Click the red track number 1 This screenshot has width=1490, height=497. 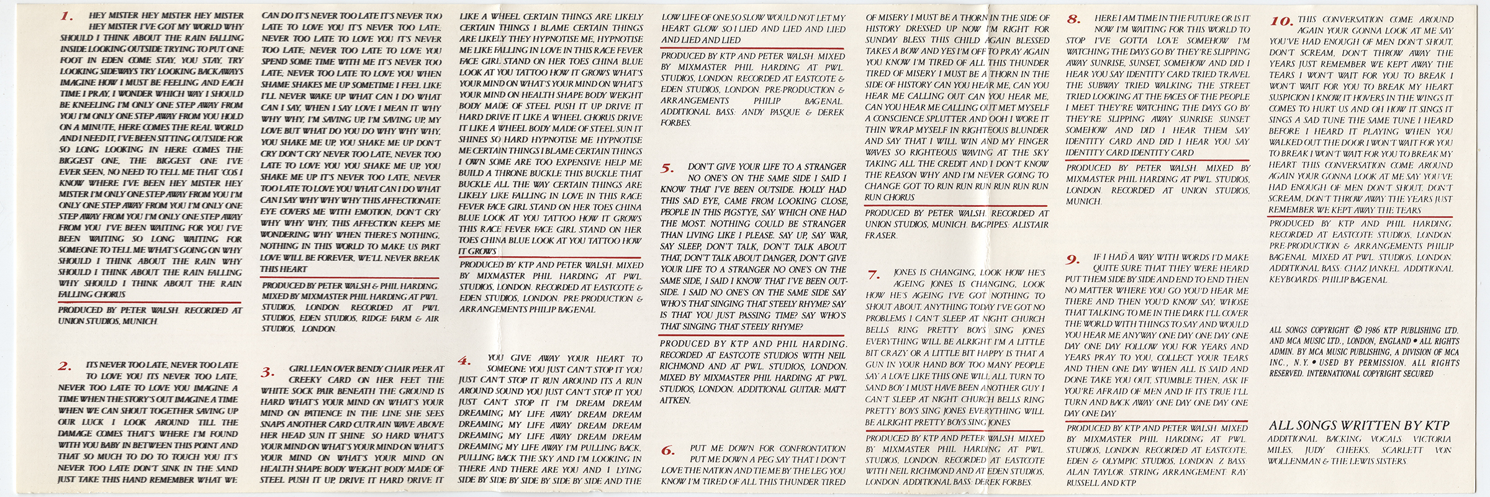pos(67,17)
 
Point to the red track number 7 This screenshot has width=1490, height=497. pos(874,275)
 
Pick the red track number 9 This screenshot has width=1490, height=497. pos(1073,259)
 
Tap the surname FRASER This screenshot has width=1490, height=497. pos(881,235)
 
